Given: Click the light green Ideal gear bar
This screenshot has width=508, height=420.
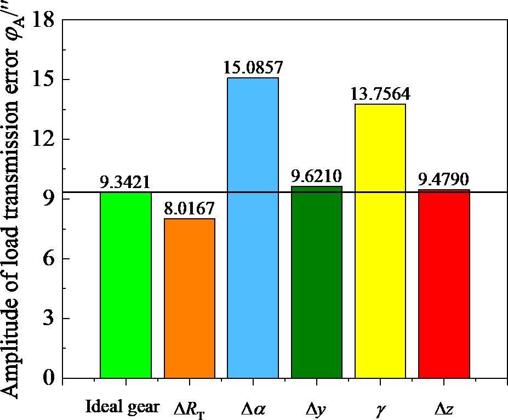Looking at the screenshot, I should [x=125, y=285].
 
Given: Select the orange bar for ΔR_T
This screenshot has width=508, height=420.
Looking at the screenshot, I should [x=190, y=298].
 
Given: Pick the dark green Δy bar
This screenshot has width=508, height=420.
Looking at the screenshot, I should [x=317, y=282].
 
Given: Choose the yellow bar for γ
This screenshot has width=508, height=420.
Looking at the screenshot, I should [x=380, y=241].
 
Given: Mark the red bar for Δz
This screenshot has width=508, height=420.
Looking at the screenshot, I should [x=444, y=283].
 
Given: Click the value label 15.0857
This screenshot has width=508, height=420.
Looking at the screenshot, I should [x=253, y=68].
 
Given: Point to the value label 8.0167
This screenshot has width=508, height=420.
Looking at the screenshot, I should [x=190, y=209].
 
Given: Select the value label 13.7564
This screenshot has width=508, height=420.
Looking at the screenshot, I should [x=380, y=94].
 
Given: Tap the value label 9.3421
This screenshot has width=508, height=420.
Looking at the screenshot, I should [x=125, y=182].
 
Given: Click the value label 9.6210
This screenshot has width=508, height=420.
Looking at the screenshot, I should [x=317, y=177].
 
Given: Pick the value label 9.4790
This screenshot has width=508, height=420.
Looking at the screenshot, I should [x=444, y=180].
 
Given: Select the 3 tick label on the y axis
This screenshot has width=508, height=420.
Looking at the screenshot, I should [x=48, y=319].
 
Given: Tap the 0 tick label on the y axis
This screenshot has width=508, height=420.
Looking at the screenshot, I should [x=48, y=378].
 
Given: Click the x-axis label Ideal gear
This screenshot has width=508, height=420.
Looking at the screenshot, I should [x=123, y=407].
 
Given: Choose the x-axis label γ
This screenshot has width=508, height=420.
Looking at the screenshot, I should [x=380, y=409].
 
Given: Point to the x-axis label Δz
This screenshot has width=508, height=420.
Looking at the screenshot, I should [x=444, y=407].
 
